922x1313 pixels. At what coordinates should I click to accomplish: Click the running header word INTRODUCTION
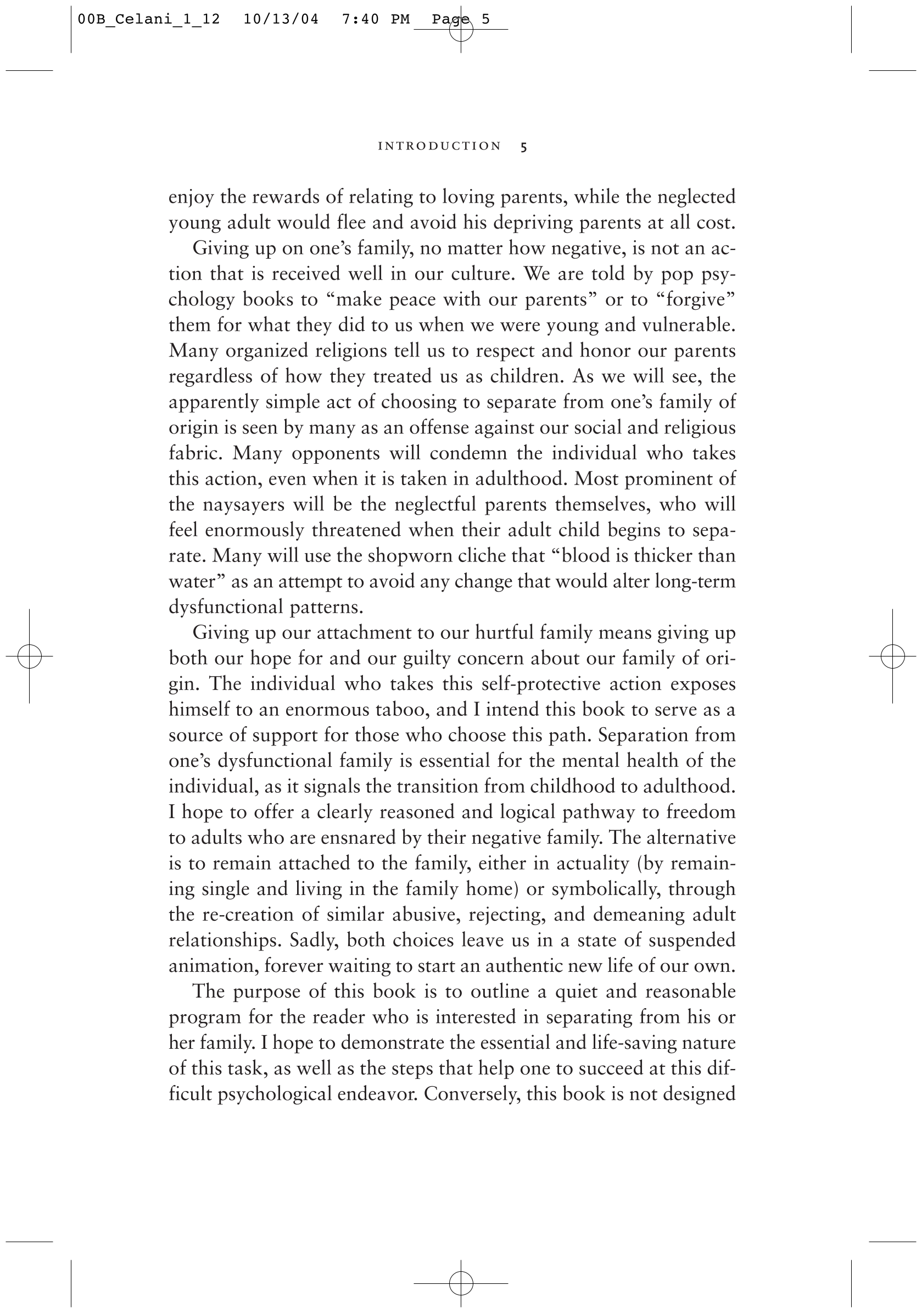point(439,146)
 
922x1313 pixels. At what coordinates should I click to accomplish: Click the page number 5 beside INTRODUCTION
point(523,147)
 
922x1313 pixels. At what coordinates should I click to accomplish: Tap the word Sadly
point(313,940)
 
